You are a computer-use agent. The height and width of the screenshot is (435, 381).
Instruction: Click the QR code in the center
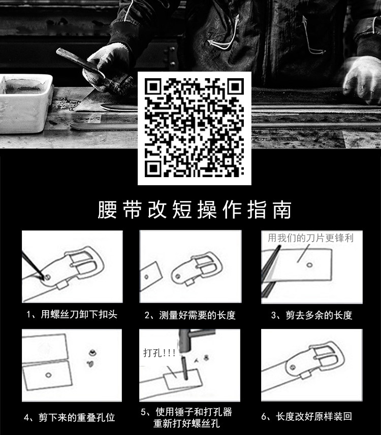195,128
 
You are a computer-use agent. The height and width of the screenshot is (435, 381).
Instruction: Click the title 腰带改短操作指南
195,210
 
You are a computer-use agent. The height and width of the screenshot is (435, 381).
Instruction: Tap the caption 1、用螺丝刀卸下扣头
72,315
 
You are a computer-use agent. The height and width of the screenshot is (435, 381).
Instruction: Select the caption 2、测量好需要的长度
190,315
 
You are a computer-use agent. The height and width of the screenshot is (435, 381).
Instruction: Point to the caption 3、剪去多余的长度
311,315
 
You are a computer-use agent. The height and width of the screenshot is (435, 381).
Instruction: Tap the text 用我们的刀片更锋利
310,238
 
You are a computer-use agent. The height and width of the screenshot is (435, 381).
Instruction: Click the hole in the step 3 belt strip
309,265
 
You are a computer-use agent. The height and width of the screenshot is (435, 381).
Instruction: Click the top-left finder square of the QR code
153,87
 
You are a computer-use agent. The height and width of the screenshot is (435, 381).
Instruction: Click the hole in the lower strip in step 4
48,375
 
